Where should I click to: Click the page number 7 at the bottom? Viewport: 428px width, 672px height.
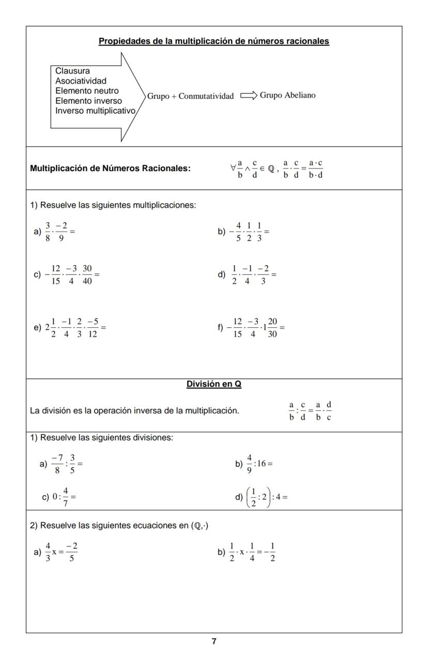214,642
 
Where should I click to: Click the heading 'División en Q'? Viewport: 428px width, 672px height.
213,384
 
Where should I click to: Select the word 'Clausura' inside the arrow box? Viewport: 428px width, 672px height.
72,71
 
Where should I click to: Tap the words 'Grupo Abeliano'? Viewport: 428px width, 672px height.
287,95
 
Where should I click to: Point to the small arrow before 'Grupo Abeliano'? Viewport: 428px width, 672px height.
248,96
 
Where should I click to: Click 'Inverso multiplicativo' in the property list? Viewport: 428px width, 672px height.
96,111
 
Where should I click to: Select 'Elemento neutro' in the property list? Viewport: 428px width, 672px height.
87,91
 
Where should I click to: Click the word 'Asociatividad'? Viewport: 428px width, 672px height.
81,81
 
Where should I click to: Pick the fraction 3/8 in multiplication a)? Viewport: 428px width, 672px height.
48,232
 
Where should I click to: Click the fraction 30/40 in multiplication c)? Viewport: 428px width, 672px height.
87,275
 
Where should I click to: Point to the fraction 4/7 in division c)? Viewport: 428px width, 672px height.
66,497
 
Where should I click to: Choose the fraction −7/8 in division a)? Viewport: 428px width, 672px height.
57,464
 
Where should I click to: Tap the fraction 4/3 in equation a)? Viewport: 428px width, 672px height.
48,552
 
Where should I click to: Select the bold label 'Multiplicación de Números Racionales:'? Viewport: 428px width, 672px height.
110,168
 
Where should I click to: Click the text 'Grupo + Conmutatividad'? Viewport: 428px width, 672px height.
190,96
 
